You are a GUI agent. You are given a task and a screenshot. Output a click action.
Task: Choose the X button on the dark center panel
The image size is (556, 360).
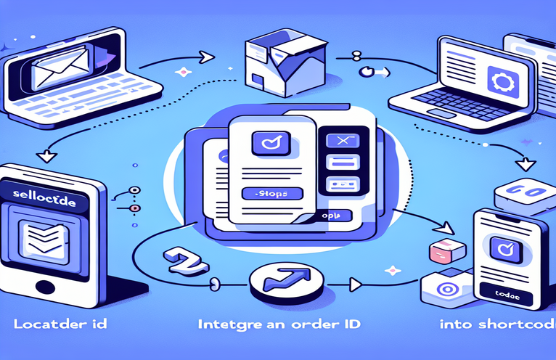[x=339, y=140]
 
